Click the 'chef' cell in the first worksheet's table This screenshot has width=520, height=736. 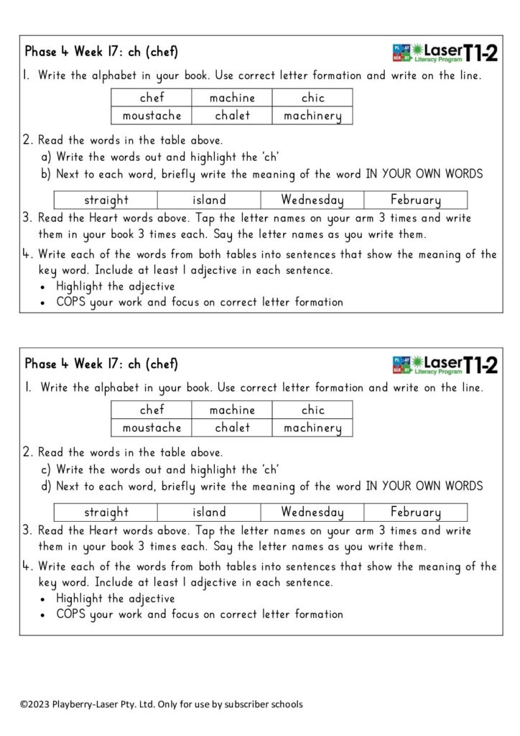pos(152,98)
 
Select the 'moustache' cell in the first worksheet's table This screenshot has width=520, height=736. pos(152,115)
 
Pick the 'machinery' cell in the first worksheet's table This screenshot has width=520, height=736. pos(312,115)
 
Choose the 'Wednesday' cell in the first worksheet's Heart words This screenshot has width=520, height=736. pos(312,200)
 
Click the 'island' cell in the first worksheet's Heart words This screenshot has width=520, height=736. pos(209,200)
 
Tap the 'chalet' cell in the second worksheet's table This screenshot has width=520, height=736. pos(232,428)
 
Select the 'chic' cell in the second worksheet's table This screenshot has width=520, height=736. pos(312,410)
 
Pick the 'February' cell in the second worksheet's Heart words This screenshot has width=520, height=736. pos(415,512)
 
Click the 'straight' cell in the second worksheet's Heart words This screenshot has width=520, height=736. pos(106,512)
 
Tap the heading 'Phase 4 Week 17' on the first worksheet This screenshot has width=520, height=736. pos(78,52)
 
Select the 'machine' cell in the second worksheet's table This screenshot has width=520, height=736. pos(232,410)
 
